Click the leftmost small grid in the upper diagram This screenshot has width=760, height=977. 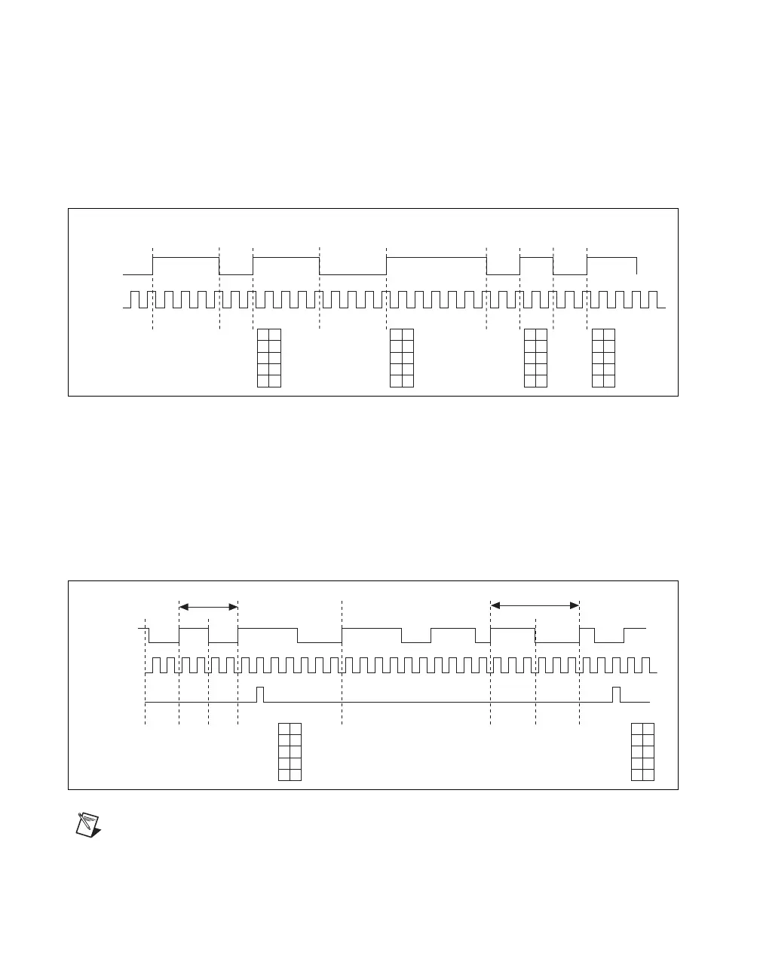[269, 358]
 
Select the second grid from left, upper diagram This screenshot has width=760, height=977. [402, 358]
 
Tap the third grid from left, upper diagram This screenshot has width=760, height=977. [535, 358]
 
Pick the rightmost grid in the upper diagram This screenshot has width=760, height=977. [604, 358]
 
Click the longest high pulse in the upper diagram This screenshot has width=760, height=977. [437, 258]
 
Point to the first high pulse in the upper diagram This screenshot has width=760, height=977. [186, 258]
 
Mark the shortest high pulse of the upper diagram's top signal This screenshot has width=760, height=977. [537, 258]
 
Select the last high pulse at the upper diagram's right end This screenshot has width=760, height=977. [612, 258]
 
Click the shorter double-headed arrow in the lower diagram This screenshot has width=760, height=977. [208, 605]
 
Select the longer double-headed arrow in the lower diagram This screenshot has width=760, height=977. [535, 605]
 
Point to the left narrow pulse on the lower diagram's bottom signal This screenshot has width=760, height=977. [260, 694]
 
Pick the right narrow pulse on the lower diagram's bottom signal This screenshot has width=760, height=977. [616, 694]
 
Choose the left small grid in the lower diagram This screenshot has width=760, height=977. [290, 752]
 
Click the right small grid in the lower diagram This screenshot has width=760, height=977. [642, 752]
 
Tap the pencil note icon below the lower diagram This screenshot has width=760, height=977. [89, 823]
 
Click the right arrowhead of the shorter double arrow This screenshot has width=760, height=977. [234, 605]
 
